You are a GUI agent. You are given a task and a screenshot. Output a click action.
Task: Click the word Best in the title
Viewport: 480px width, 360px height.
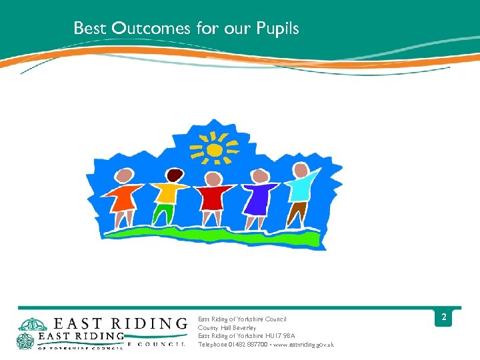89,29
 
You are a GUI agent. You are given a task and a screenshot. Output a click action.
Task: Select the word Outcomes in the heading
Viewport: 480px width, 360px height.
151,29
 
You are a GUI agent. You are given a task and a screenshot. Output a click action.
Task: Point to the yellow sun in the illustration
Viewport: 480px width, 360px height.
214,149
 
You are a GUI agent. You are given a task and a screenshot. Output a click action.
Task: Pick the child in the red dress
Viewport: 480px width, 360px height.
213,199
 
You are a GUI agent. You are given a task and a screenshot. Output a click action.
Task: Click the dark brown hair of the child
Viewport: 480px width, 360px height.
175,175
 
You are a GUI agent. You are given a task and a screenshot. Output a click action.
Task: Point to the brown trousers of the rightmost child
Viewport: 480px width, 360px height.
297,213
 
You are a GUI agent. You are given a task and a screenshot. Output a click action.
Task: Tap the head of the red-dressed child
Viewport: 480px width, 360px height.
213,179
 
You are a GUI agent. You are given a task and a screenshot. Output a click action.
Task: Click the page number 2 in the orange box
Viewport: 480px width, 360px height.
443,319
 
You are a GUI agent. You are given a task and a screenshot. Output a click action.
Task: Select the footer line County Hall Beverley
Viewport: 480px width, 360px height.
227,328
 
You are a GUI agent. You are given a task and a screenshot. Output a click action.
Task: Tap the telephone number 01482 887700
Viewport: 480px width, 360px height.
247,345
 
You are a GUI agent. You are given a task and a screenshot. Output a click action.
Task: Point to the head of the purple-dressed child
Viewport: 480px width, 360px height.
260,176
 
